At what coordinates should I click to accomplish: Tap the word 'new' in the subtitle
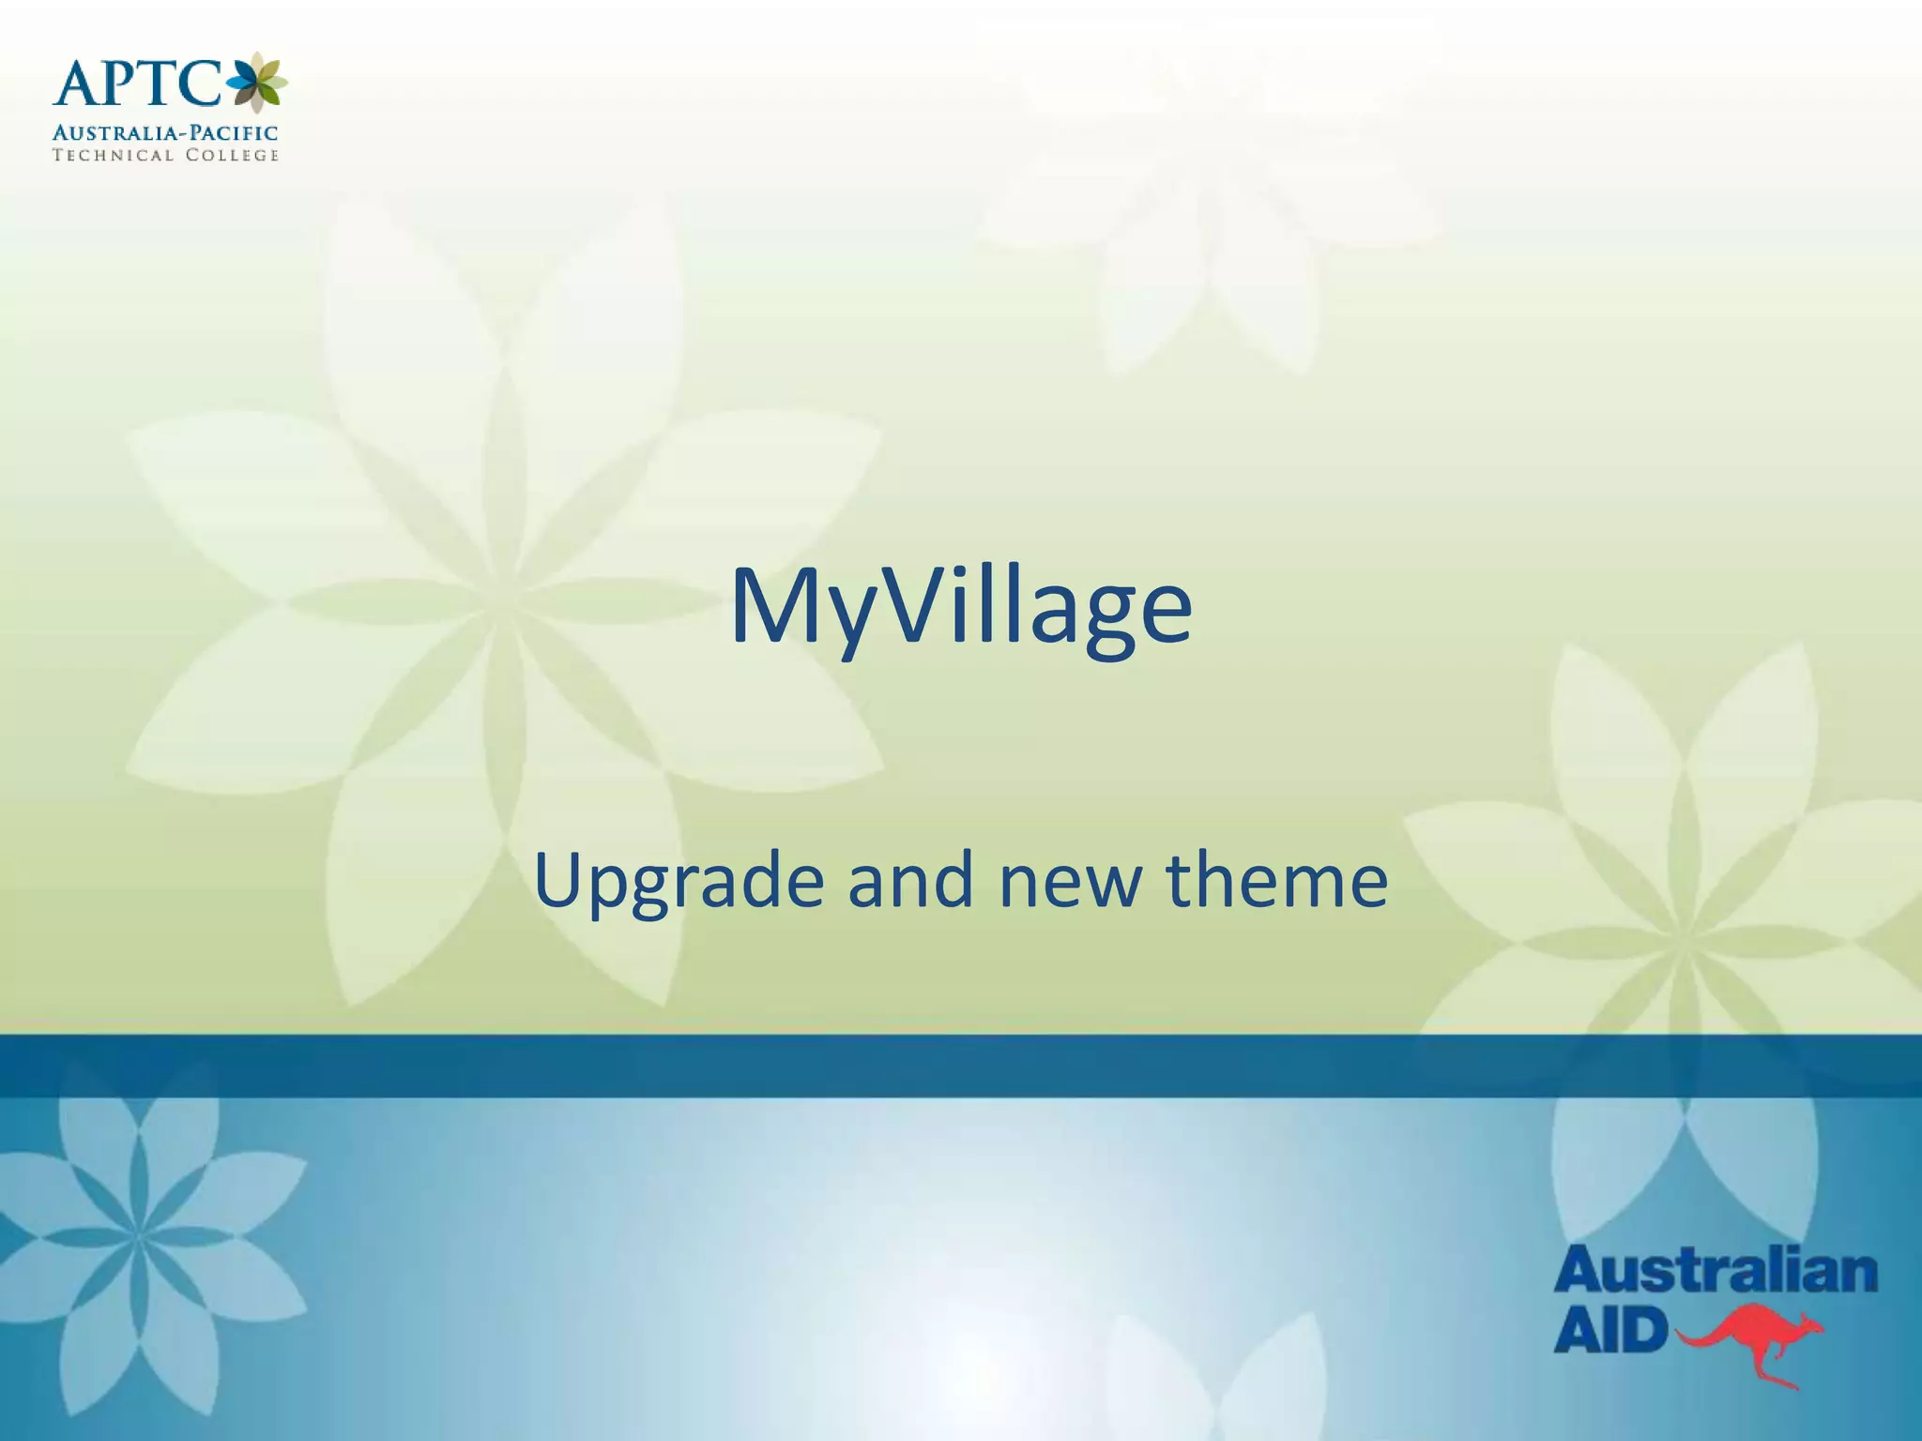[x=1070, y=885]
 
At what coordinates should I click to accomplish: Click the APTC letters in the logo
[x=137, y=83]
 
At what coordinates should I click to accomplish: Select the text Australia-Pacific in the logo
[x=165, y=133]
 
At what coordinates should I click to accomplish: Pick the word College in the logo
[x=232, y=156]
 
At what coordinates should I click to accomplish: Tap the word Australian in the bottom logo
[x=1716, y=1271]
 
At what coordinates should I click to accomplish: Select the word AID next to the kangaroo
[x=1610, y=1330]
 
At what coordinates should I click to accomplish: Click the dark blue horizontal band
[x=961, y=1066]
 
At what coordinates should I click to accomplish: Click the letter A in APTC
[x=78, y=83]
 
